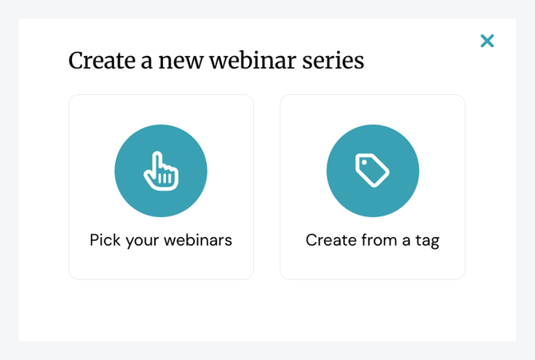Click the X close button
[x=487, y=41]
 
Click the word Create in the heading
[x=102, y=61]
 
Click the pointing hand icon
[x=161, y=171]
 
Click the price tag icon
[x=372, y=170]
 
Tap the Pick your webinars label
[x=160, y=240]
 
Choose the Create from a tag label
[x=372, y=240]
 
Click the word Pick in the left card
[x=105, y=239]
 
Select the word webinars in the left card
[x=198, y=239]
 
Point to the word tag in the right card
[x=427, y=241]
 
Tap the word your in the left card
[x=142, y=242]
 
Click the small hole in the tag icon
[x=364, y=162]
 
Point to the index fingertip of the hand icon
[x=157, y=153]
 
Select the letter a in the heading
[x=147, y=63]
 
